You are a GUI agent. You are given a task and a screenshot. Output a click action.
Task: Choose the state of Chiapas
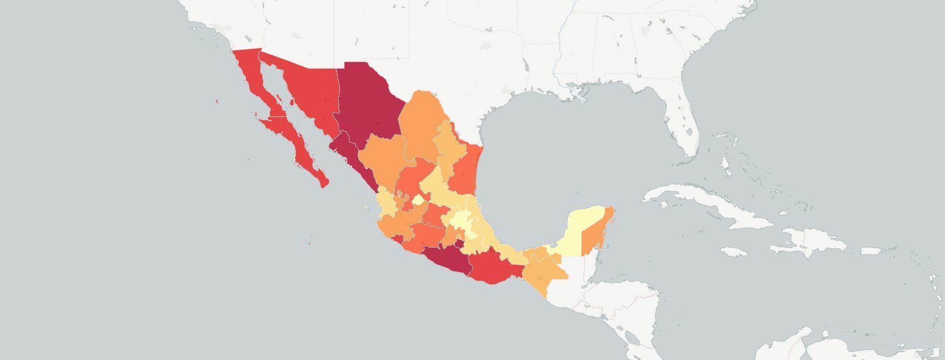[x=543, y=271]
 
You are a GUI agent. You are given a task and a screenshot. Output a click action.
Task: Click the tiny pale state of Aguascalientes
[x=419, y=199]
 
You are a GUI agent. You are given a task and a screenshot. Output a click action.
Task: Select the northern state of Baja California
[x=249, y=78]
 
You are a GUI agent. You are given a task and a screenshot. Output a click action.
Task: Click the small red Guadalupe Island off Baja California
[x=217, y=101]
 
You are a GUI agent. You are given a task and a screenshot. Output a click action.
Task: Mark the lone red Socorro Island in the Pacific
[x=309, y=239]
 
